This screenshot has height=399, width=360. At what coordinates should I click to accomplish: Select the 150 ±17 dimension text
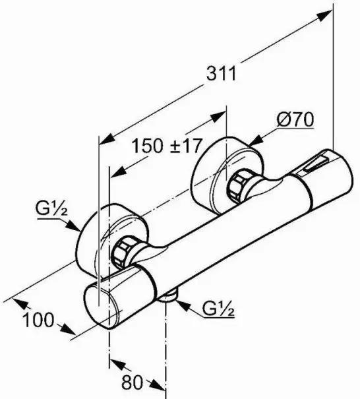pyautogui.click(x=167, y=146)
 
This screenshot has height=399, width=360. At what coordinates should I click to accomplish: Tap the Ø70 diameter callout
pyautogui.click(x=295, y=120)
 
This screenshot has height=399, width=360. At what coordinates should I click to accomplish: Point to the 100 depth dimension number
pyautogui.click(x=38, y=320)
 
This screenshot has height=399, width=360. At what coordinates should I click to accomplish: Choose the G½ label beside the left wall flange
pyautogui.click(x=51, y=211)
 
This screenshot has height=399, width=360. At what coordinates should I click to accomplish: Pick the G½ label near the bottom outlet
pyautogui.click(x=218, y=309)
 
